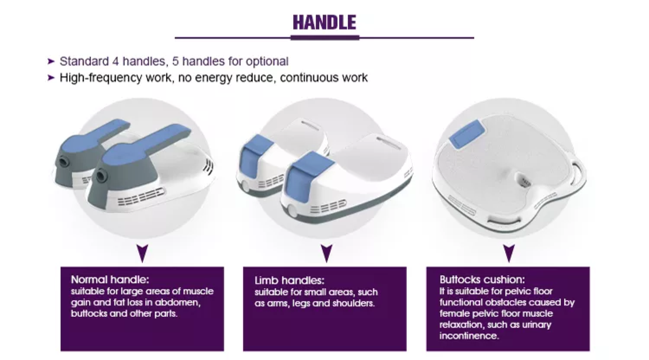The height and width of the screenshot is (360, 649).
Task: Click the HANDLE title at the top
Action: click(x=324, y=22)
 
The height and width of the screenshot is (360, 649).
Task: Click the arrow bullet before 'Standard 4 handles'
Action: click(x=51, y=61)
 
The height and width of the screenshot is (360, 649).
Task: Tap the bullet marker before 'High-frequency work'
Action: click(x=51, y=78)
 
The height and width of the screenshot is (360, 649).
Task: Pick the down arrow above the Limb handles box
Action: click(x=327, y=253)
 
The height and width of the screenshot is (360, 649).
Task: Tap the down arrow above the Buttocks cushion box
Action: click(x=509, y=253)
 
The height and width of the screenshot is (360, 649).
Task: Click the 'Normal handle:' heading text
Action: click(x=110, y=280)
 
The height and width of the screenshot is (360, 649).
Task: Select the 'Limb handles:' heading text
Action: click(x=289, y=280)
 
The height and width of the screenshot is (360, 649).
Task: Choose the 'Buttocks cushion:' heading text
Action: click(x=482, y=280)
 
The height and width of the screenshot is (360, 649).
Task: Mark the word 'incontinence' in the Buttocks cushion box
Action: click(x=469, y=336)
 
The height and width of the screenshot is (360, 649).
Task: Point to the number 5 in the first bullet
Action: click(x=175, y=61)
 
